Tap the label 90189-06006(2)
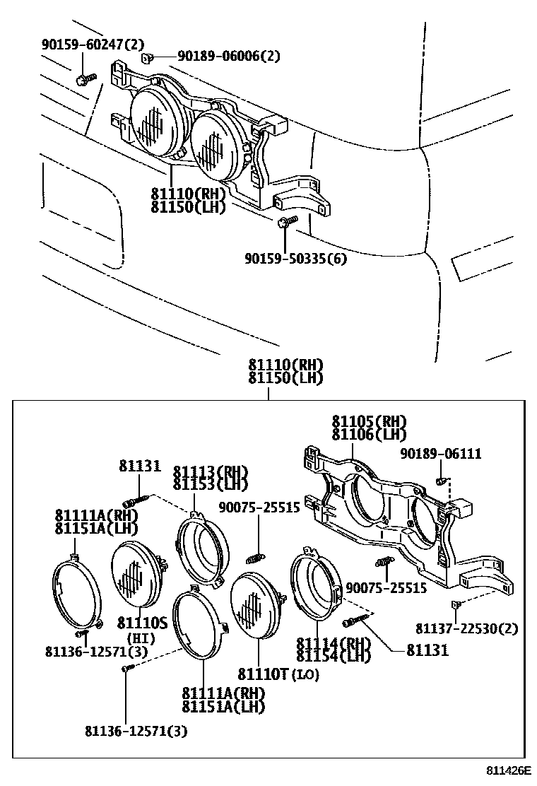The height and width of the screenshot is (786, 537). coord(218,56)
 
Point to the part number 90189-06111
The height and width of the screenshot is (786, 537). coord(441,454)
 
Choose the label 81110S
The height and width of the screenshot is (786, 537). coord(142,623)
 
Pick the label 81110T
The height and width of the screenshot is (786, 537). coord(263,674)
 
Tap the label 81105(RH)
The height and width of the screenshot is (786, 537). coord(371,422)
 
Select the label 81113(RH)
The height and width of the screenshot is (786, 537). coord(211,472)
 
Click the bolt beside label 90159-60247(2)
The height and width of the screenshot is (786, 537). coord(84,78)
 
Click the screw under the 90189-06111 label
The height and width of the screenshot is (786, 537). coord(440,481)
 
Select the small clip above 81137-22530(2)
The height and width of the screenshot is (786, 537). coord(456,604)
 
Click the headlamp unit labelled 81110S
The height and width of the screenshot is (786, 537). coord(139,573)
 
